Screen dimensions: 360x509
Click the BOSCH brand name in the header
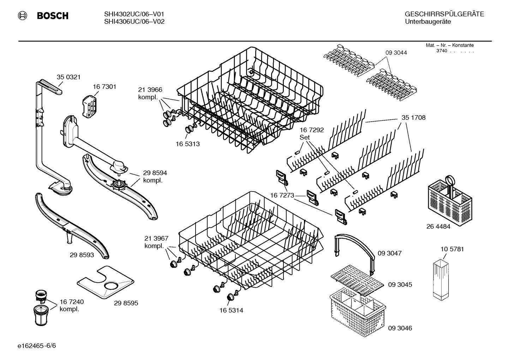[x=53, y=16]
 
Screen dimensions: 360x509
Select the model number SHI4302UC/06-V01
[x=134, y=14]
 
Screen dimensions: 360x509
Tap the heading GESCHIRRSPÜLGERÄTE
[x=444, y=14]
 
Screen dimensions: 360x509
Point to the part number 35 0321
[x=68, y=77]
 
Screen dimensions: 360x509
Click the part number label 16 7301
[x=104, y=87]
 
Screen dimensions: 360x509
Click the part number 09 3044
[x=396, y=53]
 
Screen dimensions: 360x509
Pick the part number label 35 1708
[x=413, y=118]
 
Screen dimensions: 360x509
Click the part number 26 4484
[x=438, y=227]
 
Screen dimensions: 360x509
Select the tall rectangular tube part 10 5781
[x=441, y=279]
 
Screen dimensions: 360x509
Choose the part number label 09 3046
[x=400, y=328]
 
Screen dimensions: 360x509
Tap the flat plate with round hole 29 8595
[x=106, y=281]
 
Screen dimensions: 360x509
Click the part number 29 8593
[x=82, y=255]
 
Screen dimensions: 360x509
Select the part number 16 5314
[x=231, y=311]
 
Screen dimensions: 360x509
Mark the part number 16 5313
[x=188, y=144]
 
